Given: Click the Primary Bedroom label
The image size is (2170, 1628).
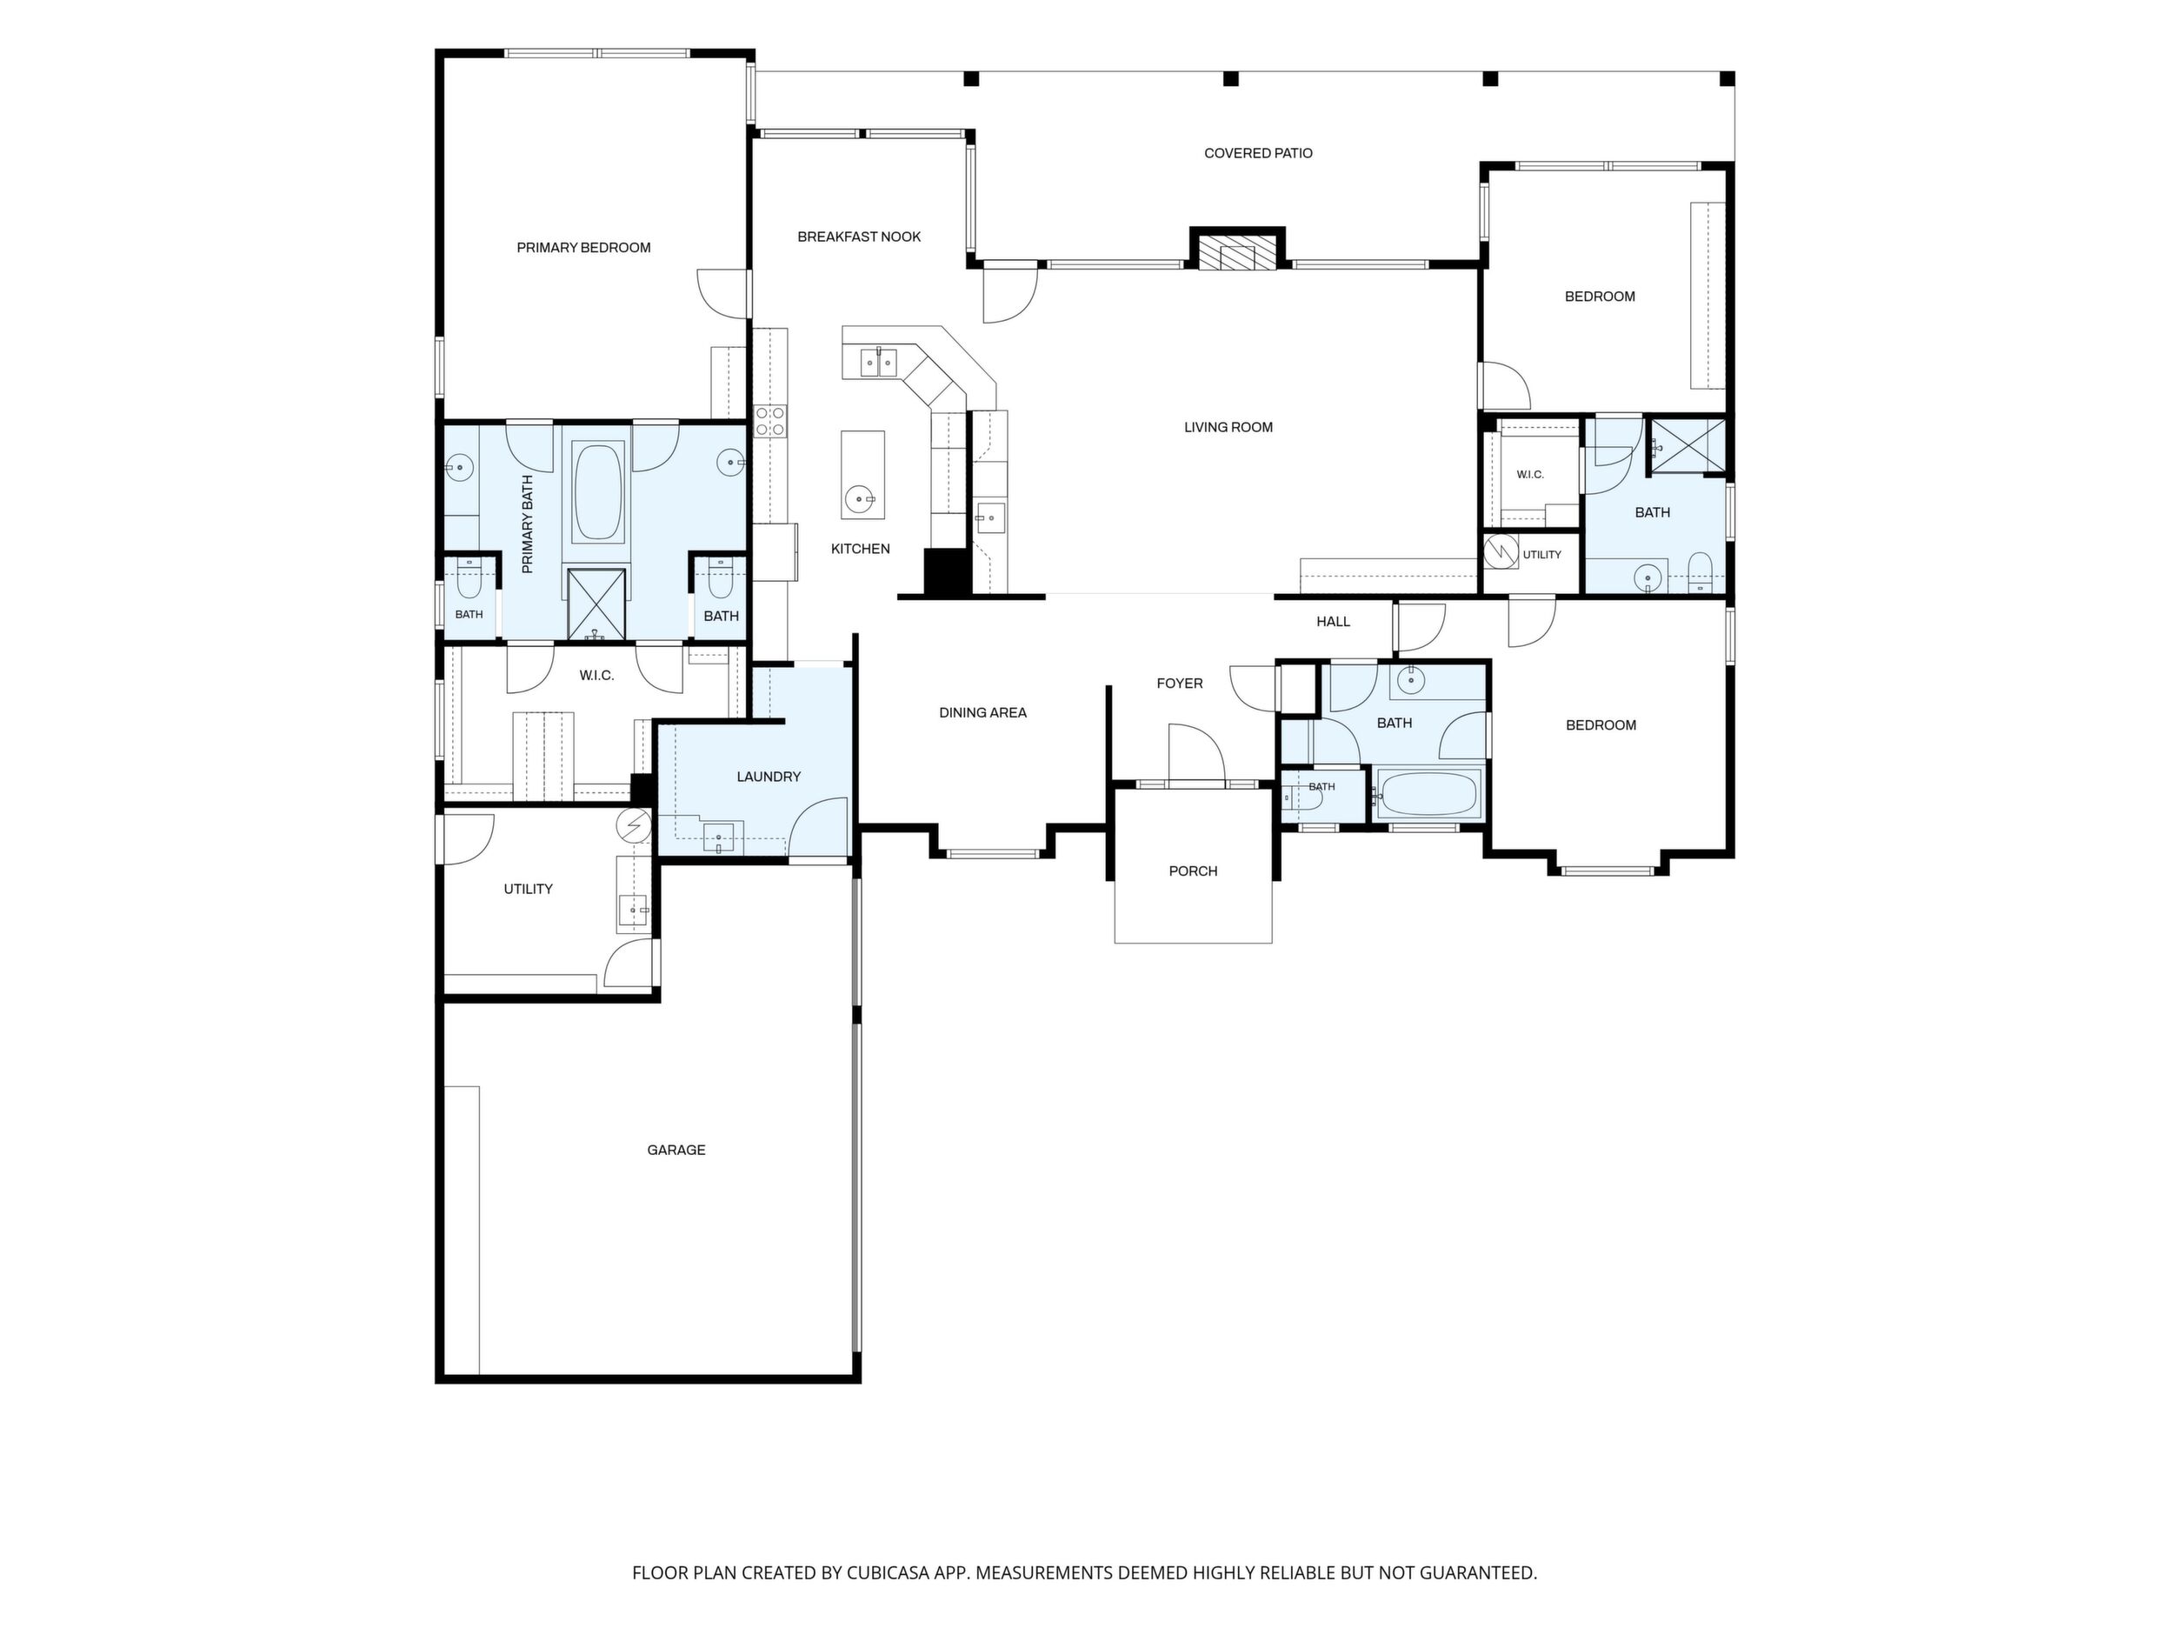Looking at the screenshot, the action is (x=583, y=247).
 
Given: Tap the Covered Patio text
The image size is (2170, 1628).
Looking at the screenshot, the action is (x=1258, y=153).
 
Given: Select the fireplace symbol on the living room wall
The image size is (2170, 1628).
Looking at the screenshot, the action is (x=1237, y=251).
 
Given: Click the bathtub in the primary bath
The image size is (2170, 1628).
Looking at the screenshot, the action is (x=597, y=490).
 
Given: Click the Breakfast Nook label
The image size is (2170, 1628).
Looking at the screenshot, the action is (x=859, y=237).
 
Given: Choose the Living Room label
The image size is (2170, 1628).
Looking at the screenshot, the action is (x=1228, y=427).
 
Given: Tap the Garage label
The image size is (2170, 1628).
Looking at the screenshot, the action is (x=676, y=1150).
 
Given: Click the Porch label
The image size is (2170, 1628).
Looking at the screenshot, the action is (x=1193, y=871).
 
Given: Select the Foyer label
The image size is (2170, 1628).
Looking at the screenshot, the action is (x=1179, y=683).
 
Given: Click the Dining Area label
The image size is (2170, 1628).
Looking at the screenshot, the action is (x=983, y=712).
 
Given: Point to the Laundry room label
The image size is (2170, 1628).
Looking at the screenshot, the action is (x=769, y=777).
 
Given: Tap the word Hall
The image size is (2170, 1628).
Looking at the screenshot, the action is (x=1333, y=621).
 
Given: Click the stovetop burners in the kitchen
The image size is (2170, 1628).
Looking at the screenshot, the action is (x=769, y=421).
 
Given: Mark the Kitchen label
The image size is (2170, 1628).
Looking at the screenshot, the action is (x=861, y=549).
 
